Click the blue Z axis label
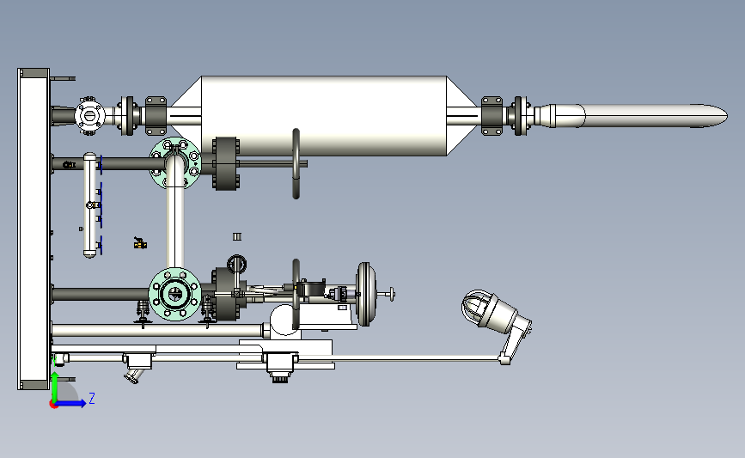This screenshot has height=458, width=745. [x=92, y=398]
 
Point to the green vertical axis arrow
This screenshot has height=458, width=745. [x=55, y=387]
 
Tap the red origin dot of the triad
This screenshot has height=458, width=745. [x=53, y=405]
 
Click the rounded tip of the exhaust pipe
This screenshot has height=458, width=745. [x=724, y=116]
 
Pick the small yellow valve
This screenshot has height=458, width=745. [x=140, y=244]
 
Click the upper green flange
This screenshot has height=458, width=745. [x=175, y=163]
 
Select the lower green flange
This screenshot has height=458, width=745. [x=174, y=294]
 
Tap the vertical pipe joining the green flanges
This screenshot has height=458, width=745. [x=175, y=228]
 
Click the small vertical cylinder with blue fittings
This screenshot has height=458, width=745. [x=90, y=205]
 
